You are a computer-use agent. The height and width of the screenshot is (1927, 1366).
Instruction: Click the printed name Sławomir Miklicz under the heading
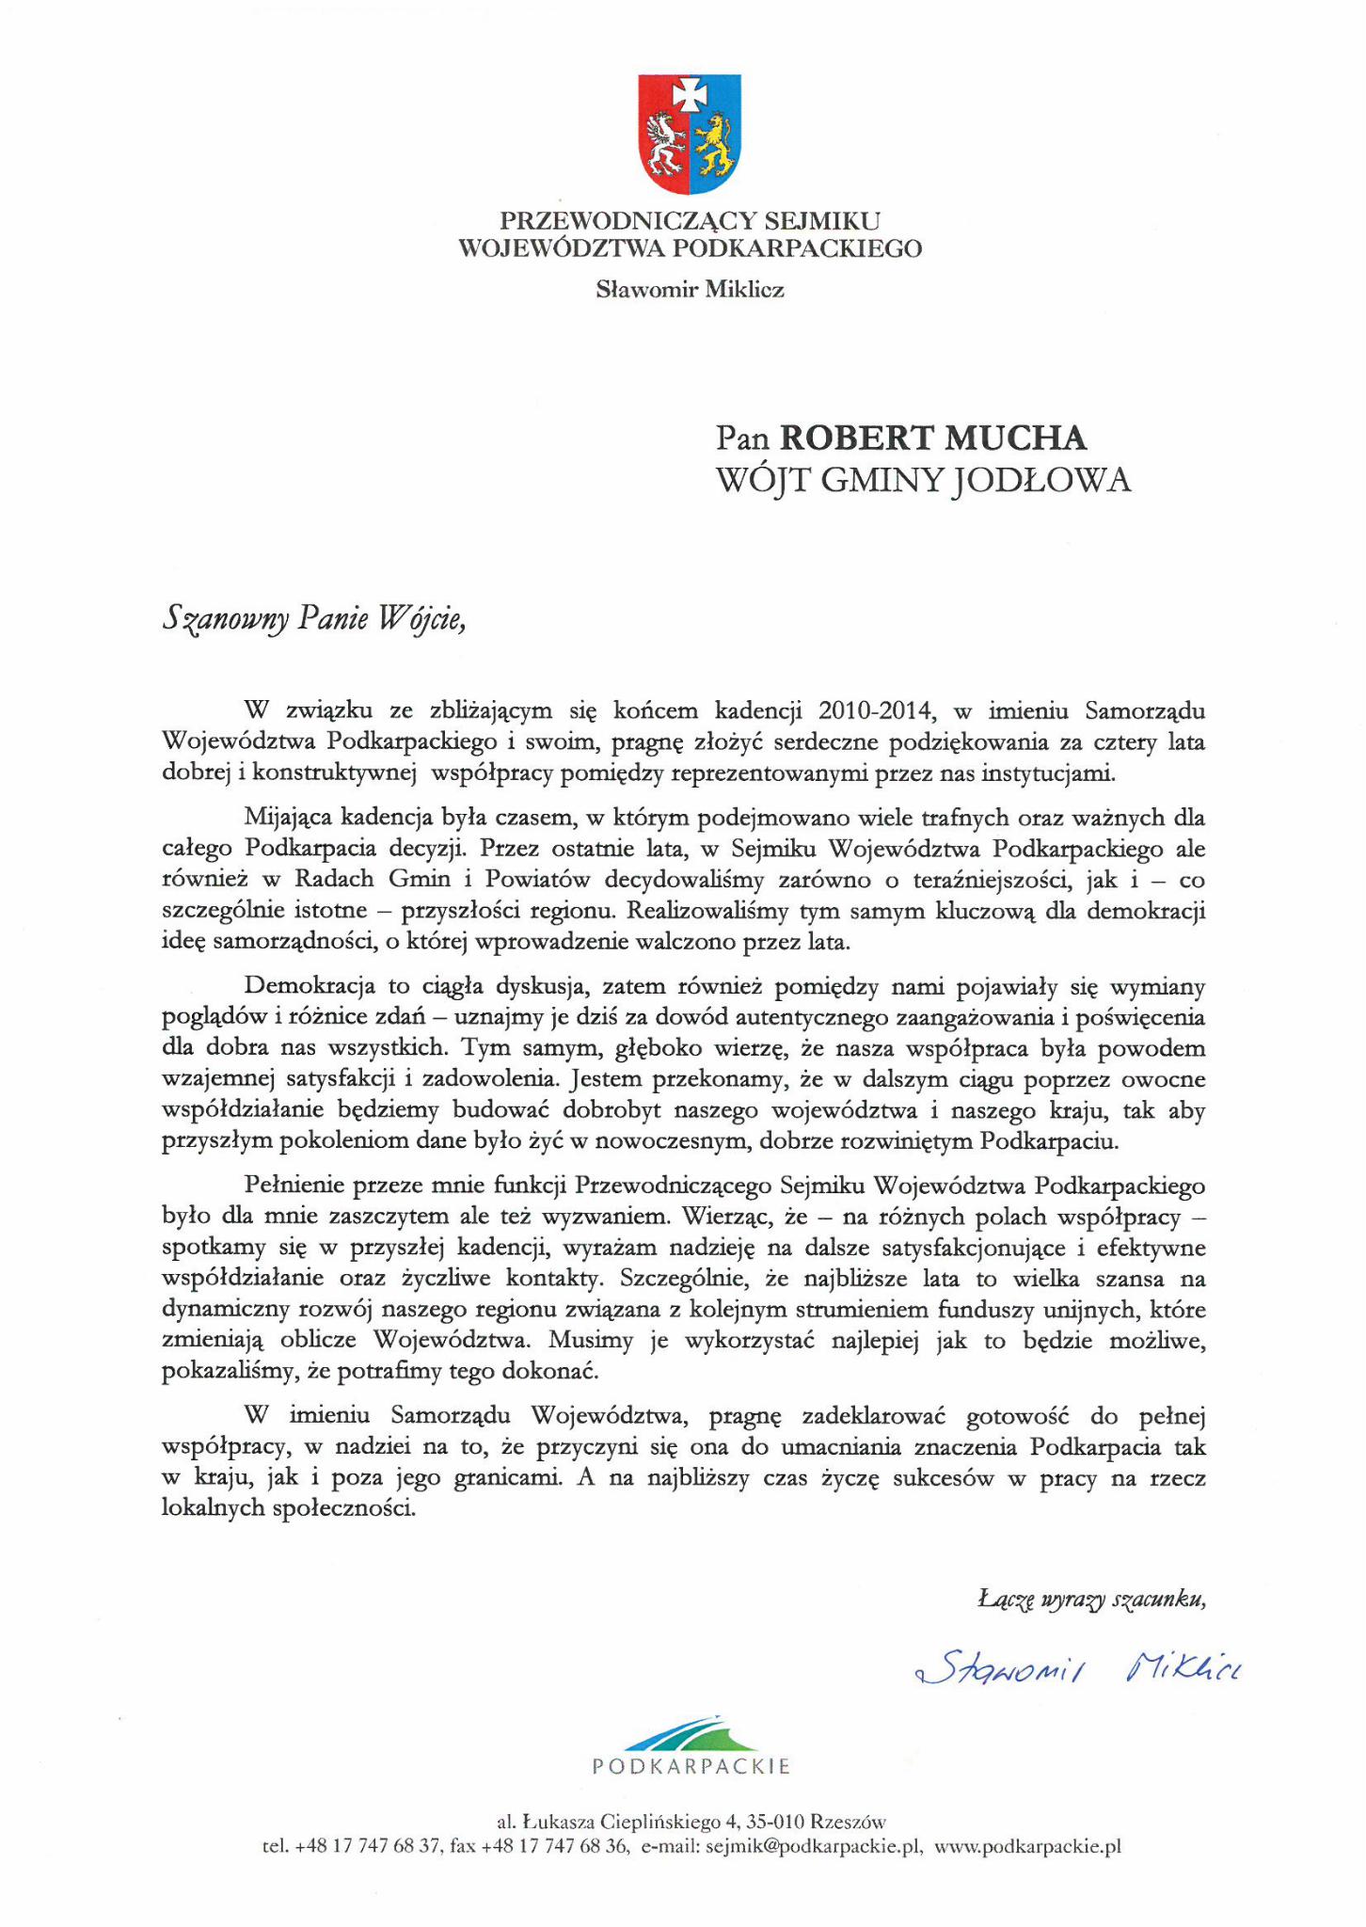pos(690,290)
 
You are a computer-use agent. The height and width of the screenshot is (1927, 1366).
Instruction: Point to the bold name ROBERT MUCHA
pos(933,438)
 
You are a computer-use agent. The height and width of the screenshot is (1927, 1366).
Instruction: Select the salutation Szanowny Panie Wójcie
pos(314,619)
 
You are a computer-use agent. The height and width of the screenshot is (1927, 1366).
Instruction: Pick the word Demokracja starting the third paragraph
pos(308,986)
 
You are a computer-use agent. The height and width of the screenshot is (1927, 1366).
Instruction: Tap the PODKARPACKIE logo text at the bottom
pos(691,1767)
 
